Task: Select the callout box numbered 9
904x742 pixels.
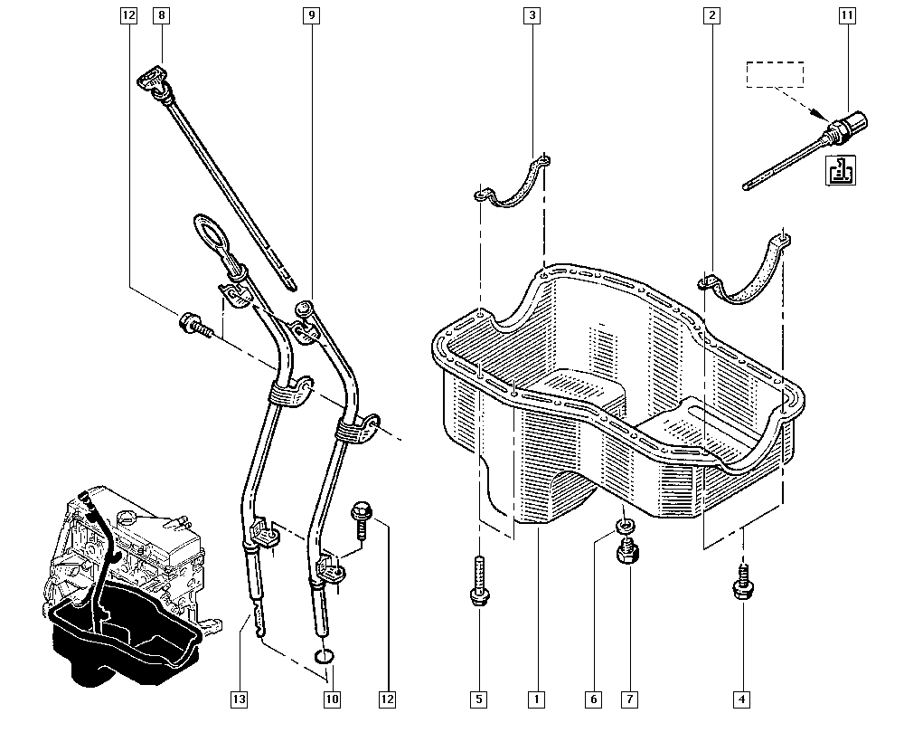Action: (311, 15)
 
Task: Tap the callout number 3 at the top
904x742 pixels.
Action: (531, 15)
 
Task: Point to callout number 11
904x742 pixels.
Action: (846, 15)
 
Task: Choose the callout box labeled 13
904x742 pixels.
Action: (239, 699)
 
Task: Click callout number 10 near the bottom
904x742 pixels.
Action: (332, 699)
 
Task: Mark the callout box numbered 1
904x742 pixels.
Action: (537, 699)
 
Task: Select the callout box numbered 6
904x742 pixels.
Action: (594, 699)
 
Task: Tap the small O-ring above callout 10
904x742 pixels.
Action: (324, 656)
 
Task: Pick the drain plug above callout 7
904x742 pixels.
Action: (626, 552)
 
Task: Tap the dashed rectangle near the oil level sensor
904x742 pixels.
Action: (775, 74)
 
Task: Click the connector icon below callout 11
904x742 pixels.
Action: (842, 170)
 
